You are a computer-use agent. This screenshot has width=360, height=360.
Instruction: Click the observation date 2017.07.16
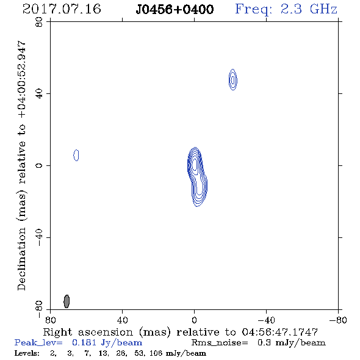pos(62,9)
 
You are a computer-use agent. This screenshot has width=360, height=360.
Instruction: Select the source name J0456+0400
pos(175,10)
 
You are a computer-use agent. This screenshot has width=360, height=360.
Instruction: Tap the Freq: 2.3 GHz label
pos(286,10)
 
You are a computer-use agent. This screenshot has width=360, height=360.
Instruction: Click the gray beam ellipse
pos(67,301)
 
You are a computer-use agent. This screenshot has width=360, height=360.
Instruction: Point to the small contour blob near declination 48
pos(233,80)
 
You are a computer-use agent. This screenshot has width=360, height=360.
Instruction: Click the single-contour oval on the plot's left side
pos(76,155)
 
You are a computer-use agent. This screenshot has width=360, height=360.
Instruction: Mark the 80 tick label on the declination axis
pos(39,22)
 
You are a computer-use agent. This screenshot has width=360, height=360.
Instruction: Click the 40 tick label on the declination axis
pos(39,94)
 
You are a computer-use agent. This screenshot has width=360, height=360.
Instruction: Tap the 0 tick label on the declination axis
pos(39,165)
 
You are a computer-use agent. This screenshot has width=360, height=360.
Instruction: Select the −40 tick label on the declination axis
pos(39,237)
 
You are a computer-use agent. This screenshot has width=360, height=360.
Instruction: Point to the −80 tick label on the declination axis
pos(39,309)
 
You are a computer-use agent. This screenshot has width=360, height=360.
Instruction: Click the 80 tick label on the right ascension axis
pos(50,320)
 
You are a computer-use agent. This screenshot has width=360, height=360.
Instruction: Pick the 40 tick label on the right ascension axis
pos(123,320)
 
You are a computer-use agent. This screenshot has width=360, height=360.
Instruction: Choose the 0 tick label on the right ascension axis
pos(194,320)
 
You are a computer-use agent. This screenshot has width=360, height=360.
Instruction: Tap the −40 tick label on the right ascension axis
pos(266,320)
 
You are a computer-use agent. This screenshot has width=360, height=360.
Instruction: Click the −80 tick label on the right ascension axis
pos(338,320)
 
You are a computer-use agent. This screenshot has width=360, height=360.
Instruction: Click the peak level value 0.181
pos(84,342)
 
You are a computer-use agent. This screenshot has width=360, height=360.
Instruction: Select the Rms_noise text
pos(220,343)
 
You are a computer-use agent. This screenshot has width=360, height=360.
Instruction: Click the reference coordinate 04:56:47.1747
pos(279,332)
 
